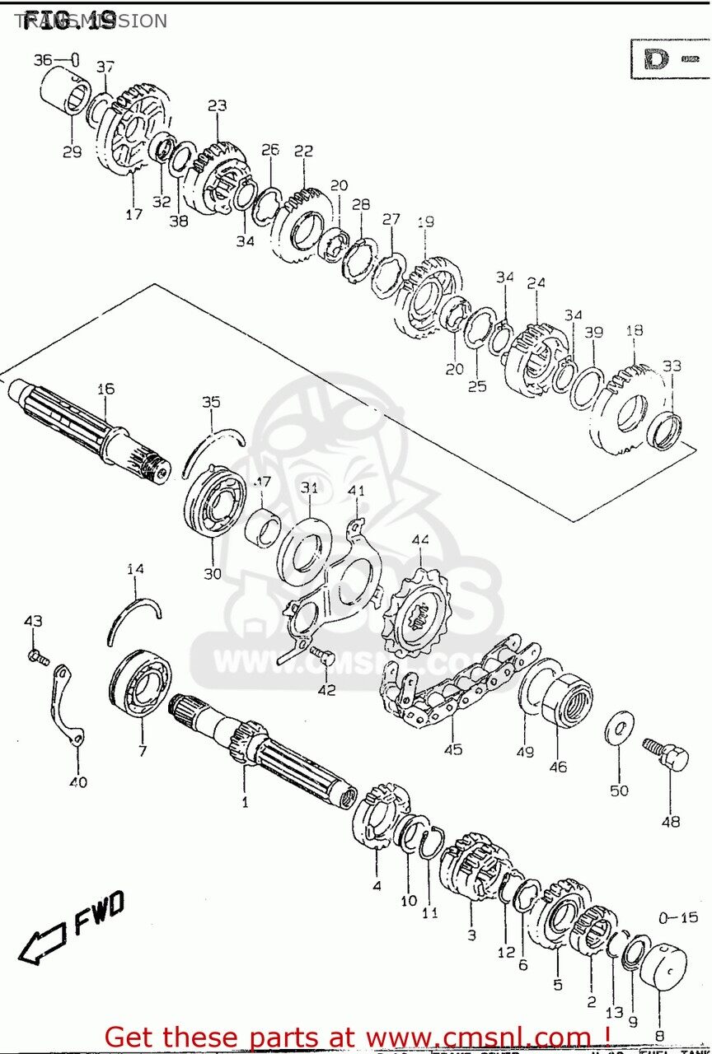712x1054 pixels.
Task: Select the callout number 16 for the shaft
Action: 105,389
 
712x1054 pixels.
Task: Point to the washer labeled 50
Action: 619,730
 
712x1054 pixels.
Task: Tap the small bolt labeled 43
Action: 37,657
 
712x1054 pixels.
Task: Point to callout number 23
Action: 217,106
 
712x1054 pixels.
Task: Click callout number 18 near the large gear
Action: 634,331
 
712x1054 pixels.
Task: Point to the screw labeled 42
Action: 325,659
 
